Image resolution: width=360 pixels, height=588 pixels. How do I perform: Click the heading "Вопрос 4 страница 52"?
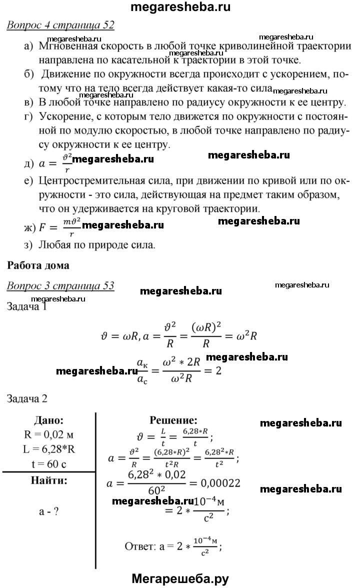(x=60, y=25)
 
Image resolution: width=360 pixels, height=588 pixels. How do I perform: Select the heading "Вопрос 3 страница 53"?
(x=60, y=286)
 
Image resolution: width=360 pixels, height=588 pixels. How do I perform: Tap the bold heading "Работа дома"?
(x=38, y=265)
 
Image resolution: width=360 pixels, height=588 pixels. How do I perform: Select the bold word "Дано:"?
(x=48, y=420)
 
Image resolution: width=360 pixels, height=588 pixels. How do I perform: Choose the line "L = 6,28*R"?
(x=48, y=448)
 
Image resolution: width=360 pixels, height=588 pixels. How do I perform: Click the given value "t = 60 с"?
(x=48, y=463)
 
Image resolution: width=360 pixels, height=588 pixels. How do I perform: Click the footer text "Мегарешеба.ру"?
(x=180, y=579)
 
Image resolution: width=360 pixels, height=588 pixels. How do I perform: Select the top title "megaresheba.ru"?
(x=180, y=7)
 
